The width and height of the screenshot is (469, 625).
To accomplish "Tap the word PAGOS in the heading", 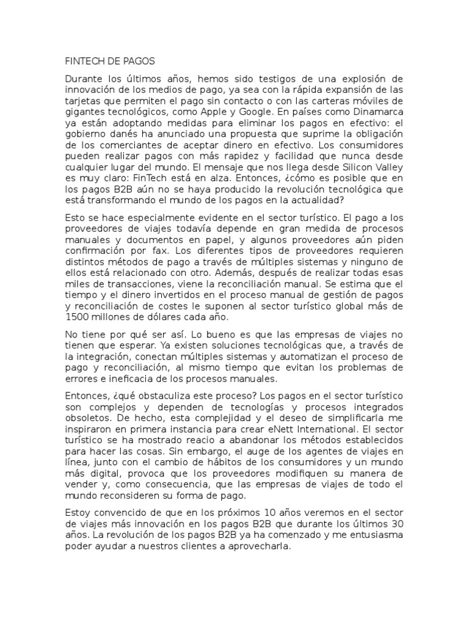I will [139, 61].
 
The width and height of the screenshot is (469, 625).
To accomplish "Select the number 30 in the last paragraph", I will [397, 525].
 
